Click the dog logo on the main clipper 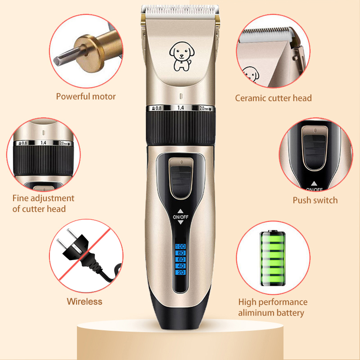coord(182,56)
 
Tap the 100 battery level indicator coord(180,246)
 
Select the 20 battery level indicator coord(180,272)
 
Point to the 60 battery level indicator coord(180,260)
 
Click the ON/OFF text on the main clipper coord(180,217)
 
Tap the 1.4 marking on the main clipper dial coord(180,108)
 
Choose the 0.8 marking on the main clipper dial coord(157,108)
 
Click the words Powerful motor coord(86,96)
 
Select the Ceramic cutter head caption coord(273,98)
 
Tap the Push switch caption coord(315,200)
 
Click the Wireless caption coord(85,301)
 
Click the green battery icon coord(273,258)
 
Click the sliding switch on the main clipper coord(181,178)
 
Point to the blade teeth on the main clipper coord(180,9)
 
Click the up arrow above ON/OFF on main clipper coord(180,211)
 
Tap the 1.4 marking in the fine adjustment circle coord(43,143)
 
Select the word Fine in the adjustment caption coord(20,198)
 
